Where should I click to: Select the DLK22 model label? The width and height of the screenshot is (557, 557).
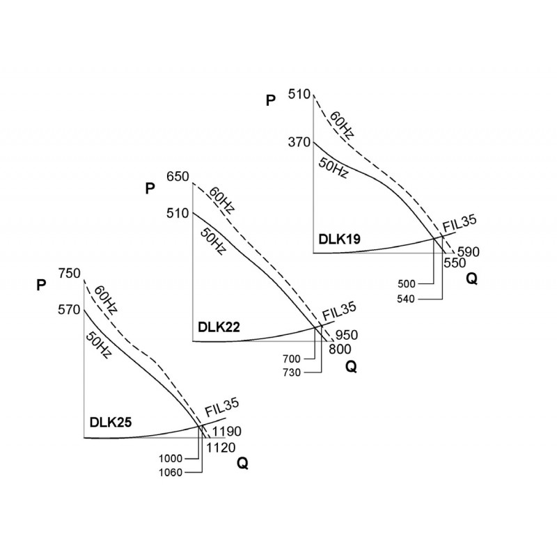click(218, 326)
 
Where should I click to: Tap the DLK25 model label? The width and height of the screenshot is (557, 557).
click(110, 422)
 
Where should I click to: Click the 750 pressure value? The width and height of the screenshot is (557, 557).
click(70, 274)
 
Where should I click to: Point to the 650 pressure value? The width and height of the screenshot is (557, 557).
click(178, 177)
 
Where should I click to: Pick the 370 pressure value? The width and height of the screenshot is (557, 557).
click(298, 142)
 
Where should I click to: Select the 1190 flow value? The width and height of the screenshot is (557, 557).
click(228, 432)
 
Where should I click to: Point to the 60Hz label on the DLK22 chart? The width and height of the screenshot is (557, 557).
click(223, 203)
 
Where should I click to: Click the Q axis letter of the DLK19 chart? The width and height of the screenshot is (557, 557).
click(472, 278)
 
